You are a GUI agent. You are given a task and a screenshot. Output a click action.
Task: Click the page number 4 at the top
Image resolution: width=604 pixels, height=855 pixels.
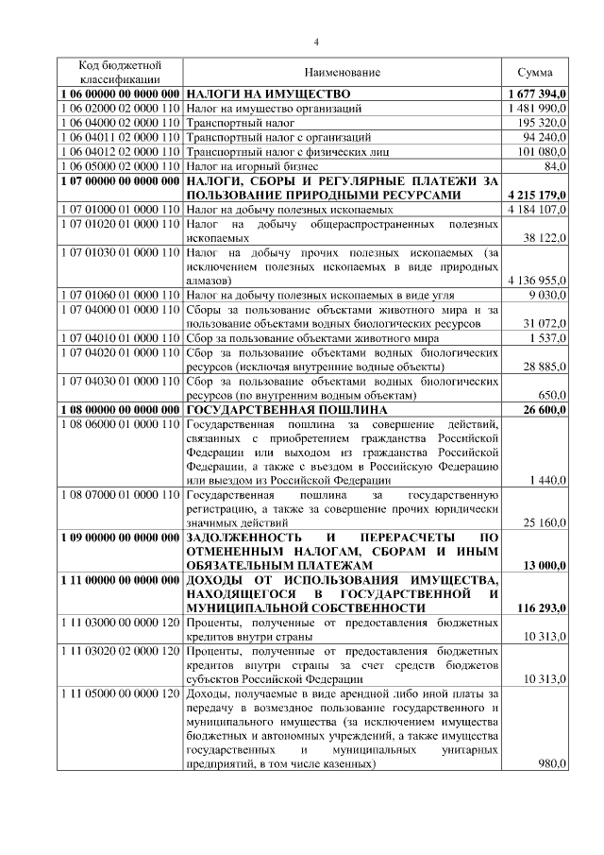coord(316,41)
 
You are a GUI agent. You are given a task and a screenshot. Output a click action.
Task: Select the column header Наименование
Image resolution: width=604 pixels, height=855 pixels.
coord(342,73)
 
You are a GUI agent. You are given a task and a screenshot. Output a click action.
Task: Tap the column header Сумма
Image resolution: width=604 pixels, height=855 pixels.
coord(535,73)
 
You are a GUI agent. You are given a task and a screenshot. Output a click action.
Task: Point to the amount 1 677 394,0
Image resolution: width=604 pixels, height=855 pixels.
coord(536,94)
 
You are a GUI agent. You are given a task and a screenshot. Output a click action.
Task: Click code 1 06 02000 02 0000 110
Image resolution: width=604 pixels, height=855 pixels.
coord(119,109)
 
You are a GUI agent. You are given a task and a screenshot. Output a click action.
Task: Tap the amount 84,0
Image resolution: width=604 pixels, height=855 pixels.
coord(555,165)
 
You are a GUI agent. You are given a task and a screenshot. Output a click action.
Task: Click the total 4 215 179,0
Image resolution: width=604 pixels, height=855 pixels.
coord(536,195)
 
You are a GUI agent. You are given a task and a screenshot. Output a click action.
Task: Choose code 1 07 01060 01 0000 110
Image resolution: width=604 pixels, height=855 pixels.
coord(119,295)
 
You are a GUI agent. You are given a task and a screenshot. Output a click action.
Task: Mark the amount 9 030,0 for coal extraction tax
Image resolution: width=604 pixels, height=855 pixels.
coord(546,295)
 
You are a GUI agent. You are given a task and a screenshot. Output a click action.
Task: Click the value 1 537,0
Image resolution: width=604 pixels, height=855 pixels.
coord(546,337)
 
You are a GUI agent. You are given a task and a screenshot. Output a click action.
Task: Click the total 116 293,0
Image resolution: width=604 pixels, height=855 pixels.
coord(541,608)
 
